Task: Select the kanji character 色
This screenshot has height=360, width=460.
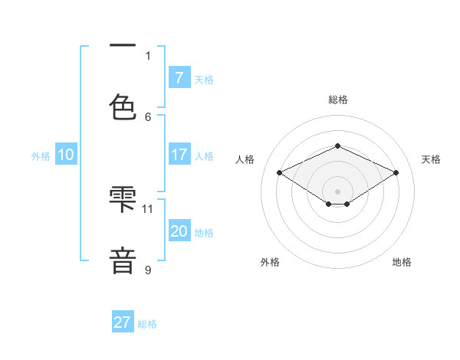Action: click(x=123, y=106)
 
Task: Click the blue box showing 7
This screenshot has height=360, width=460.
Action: click(x=179, y=78)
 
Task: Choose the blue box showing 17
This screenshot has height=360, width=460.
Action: click(x=179, y=155)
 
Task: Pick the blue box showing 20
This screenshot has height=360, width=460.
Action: click(x=179, y=231)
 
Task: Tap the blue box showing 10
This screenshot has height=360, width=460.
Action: click(x=66, y=155)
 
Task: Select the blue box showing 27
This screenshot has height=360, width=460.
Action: click(x=123, y=322)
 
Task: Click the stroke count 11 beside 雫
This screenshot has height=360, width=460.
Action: click(x=148, y=208)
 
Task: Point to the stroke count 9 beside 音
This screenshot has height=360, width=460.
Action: click(x=148, y=269)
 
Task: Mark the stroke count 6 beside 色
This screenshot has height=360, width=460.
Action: click(x=148, y=116)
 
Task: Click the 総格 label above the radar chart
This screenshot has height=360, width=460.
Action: click(x=337, y=100)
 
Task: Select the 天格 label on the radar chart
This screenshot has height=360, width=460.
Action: click(x=431, y=159)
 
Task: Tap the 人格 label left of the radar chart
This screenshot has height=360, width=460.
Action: click(x=245, y=159)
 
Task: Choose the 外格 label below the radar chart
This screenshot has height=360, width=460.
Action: click(x=270, y=262)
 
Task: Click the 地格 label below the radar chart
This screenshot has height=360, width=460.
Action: click(x=402, y=262)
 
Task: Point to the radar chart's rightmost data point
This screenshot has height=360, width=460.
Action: click(x=396, y=173)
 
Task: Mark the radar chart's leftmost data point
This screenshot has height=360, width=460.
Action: click(x=280, y=173)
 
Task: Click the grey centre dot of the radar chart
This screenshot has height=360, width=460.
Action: click(x=337, y=191)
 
